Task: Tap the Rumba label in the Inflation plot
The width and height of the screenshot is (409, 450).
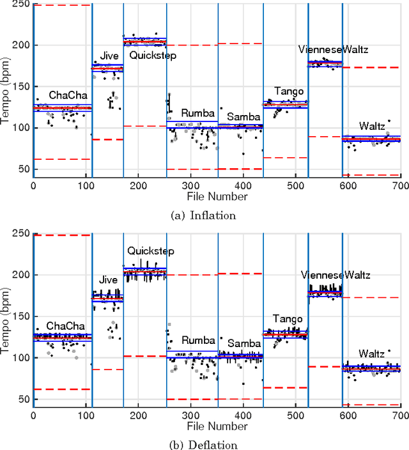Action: click(x=197, y=113)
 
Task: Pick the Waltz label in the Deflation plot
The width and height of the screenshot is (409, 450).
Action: click(x=371, y=353)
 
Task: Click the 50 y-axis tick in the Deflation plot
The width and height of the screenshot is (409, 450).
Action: click(x=24, y=400)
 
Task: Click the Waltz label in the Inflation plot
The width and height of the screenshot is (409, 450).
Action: click(x=371, y=125)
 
